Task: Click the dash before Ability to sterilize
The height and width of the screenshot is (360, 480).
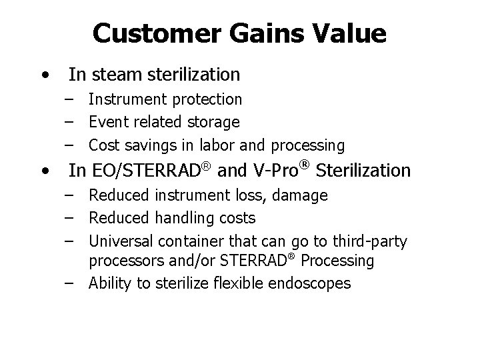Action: (x=70, y=283)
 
